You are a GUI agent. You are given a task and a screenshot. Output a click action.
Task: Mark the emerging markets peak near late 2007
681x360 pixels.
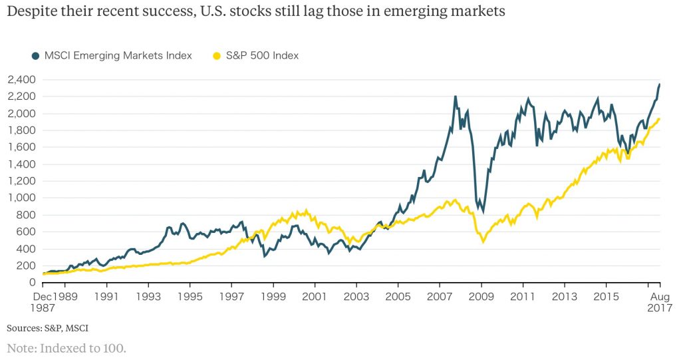(x=456, y=96)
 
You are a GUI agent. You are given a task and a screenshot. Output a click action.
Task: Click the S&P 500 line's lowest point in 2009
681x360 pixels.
(x=483, y=242)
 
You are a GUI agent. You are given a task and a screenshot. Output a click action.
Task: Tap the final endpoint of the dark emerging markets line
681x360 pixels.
(x=659, y=85)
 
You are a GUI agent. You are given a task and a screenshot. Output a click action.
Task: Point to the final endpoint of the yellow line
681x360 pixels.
(x=659, y=119)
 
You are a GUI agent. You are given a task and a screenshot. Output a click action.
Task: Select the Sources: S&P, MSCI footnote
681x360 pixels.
(x=47, y=328)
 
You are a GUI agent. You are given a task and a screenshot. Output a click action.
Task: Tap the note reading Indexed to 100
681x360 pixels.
(x=67, y=347)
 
